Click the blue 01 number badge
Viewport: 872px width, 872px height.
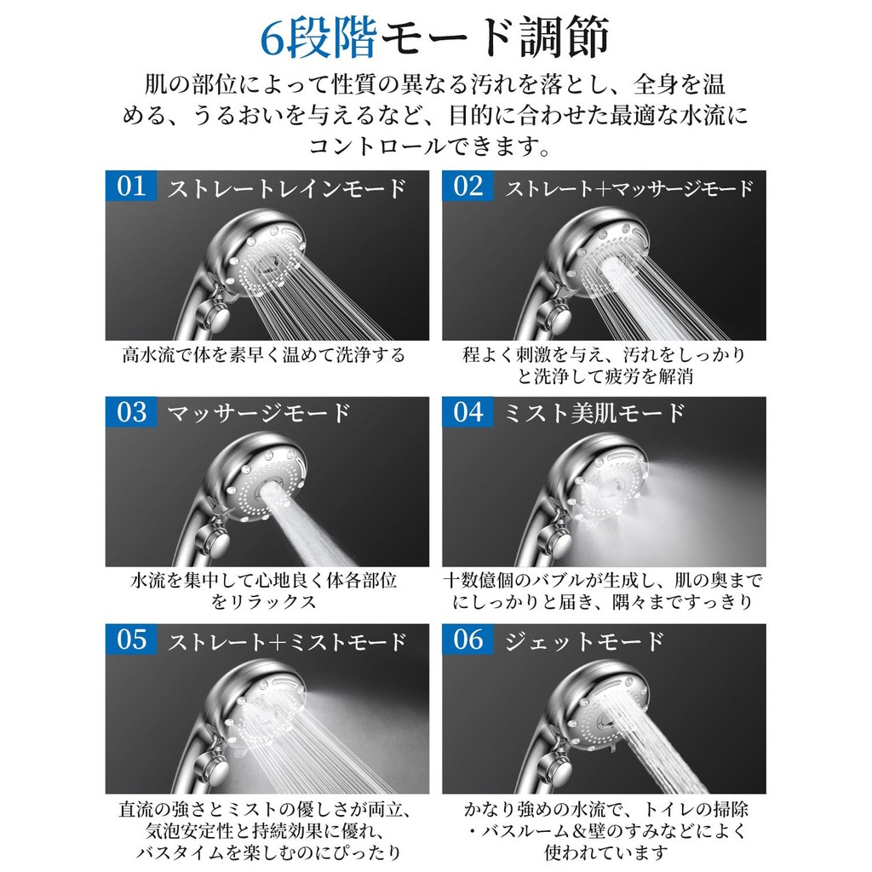(x=130, y=186)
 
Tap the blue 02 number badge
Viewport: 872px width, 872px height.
(x=468, y=186)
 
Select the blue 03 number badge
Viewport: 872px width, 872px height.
(x=130, y=412)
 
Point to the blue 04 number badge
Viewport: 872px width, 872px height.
(x=468, y=412)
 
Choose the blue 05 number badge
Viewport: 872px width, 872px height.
(x=130, y=639)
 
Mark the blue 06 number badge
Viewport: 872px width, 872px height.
(x=468, y=639)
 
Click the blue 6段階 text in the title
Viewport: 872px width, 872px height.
(x=318, y=37)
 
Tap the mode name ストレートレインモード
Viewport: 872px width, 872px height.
(x=287, y=189)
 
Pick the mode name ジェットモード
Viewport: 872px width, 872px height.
(x=584, y=641)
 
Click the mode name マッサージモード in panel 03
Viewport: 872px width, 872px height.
(x=259, y=414)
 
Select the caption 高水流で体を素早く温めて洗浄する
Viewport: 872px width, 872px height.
(x=264, y=355)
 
